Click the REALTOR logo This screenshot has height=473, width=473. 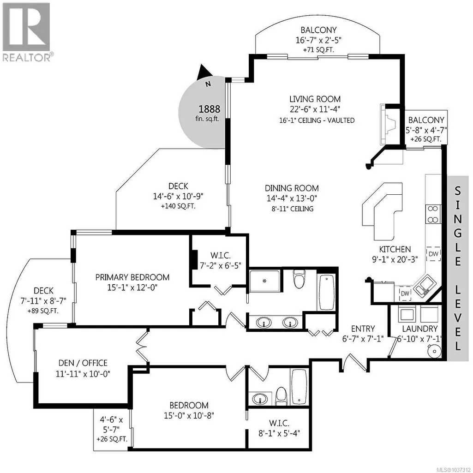pos(27,32)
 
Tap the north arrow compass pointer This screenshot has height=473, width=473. pos(204,73)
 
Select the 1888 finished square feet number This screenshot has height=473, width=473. pos(209,109)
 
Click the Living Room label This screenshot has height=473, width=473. pos(315,99)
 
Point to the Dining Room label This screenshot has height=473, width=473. pos(292,188)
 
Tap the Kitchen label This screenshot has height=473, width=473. pos(395,249)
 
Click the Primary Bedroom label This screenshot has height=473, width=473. pos(132,277)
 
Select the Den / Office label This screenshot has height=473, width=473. pos(83,363)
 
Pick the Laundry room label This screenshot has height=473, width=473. pos(419,329)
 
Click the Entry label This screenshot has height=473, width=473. pos(363,329)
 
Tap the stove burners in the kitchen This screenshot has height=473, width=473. pos(433,214)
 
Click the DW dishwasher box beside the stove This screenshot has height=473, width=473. pos(433,254)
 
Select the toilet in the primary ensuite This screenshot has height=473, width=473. pos(299,279)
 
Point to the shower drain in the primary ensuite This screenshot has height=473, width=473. pos(264,281)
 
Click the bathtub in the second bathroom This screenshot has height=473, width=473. pos(299,387)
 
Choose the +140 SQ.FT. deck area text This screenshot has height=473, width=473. pos(178,206)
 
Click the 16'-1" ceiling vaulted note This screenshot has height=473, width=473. pos(317,120)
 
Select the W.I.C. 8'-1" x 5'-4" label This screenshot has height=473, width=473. pos(279,428)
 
